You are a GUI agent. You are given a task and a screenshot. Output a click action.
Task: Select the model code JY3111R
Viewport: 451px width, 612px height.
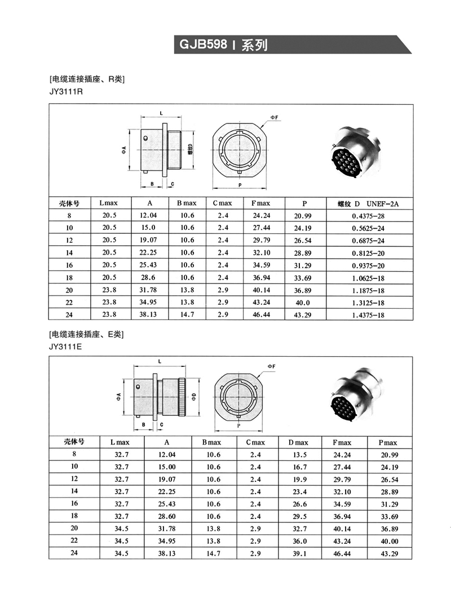[66, 91]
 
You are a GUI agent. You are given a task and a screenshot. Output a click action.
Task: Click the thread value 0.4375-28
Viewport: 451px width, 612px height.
[368, 216]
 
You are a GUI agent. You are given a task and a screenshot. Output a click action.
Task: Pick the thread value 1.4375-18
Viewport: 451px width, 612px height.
[368, 315]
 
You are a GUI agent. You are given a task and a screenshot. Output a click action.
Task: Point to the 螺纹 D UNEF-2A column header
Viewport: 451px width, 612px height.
[368, 203]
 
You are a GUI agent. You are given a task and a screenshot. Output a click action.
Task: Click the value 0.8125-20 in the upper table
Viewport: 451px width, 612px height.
[368, 253]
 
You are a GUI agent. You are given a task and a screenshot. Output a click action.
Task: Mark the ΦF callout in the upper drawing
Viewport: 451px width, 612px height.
[274, 117]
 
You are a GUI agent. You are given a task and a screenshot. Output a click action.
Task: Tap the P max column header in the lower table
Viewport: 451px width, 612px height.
[390, 442]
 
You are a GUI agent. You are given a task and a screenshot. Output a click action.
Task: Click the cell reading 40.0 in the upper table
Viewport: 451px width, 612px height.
[303, 303]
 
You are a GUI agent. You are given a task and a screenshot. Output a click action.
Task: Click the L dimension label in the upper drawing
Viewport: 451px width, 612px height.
[161, 113]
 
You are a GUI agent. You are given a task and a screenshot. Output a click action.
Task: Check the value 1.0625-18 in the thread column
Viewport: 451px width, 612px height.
[368, 278]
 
